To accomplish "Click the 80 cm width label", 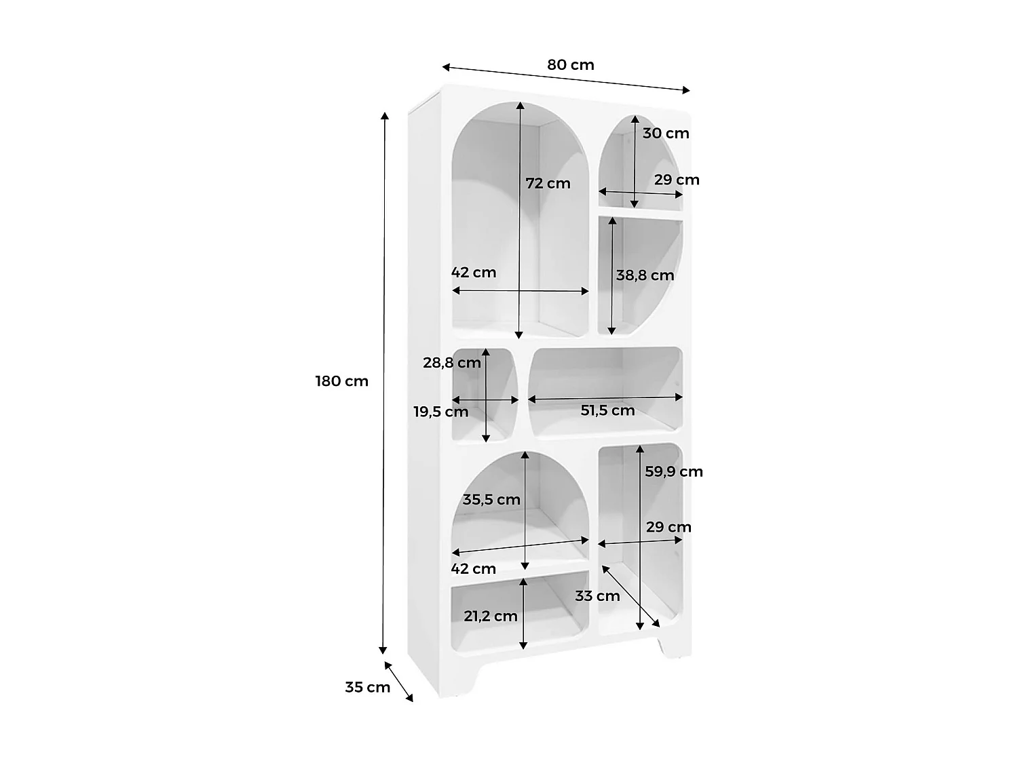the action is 570,65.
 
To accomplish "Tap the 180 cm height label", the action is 341,381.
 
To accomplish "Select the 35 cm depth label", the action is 367,687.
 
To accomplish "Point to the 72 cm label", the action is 548,183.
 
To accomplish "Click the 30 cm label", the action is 665,133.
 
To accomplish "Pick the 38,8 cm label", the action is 645,275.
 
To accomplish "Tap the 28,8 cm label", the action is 451,363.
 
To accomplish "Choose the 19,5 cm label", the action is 440,412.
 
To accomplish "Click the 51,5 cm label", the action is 607,410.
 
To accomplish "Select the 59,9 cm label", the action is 673,471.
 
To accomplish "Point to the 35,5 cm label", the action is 491,500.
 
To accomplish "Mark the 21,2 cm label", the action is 490,616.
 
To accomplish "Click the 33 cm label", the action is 597,596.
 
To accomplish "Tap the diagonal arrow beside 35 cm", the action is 398,681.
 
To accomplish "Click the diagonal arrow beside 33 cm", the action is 630,595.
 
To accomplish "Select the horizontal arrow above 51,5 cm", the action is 605,398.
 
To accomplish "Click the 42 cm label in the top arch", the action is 474,273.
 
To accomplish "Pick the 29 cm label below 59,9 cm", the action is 668,527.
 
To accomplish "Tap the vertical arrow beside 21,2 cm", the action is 523,614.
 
